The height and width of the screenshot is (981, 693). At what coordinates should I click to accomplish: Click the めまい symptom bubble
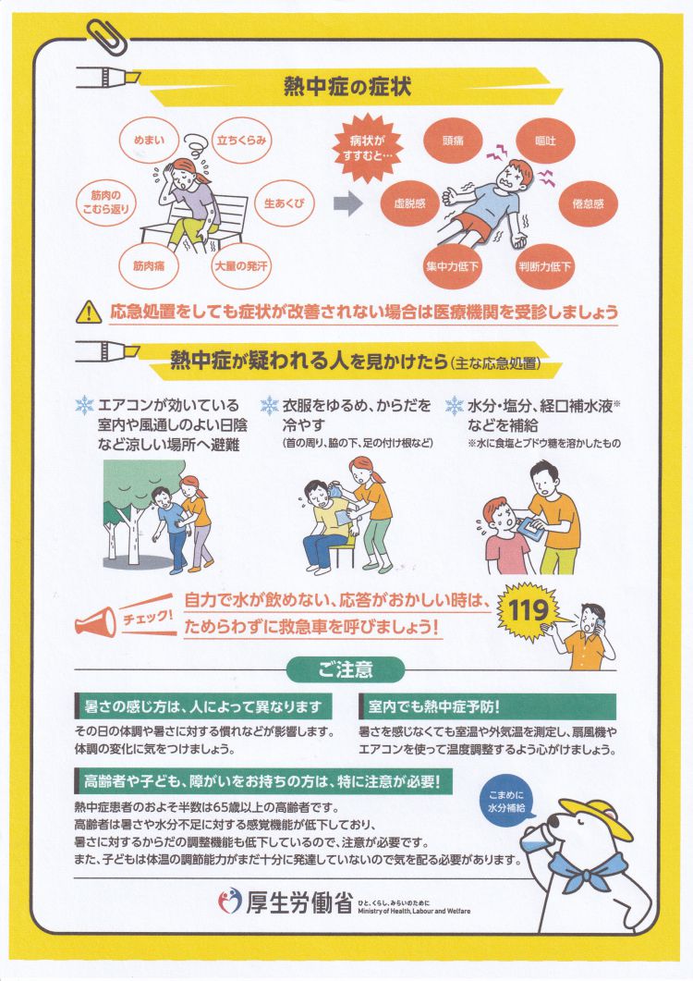pos(149,141)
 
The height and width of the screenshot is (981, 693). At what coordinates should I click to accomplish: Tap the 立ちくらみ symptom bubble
pos(241,141)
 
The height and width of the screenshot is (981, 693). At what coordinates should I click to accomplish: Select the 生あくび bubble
pos(285,203)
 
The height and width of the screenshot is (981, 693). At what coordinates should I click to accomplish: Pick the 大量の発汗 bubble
pos(241,266)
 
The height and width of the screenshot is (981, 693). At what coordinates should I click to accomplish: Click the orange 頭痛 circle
pos(453,141)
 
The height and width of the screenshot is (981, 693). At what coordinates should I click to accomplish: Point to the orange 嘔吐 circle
pos(545,141)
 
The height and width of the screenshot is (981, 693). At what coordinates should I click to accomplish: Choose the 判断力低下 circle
pos(544,266)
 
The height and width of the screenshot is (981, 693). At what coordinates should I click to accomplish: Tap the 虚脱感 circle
pos(409,203)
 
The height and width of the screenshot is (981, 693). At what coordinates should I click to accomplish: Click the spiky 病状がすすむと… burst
pos(367,148)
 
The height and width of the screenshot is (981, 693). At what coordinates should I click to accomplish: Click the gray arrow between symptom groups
pos(347,203)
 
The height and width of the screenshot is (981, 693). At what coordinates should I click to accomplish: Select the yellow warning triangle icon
pos(89,311)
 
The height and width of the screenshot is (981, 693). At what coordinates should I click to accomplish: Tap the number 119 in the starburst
pos(529,610)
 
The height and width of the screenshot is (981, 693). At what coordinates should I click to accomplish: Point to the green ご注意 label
pos(346,669)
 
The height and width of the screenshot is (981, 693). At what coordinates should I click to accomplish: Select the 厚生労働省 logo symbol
pos(229,901)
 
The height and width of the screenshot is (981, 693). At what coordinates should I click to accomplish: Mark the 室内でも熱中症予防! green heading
pos(488,706)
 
